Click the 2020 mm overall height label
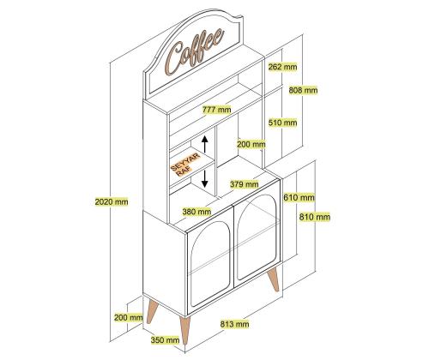(x=112, y=202)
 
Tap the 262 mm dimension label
(x=282, y=67)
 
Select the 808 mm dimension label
(x=303, y=90)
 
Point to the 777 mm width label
(x=216, y=110)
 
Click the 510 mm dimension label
(x=282, y=123)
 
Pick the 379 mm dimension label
(x=245, y=184)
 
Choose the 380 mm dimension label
(x=196, y=212)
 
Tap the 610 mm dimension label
(x=299, y=197)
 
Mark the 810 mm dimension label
(x=315, y=217)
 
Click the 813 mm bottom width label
(x=234, y=324)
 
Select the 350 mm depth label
(x=166, y=340)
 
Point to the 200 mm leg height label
(x=129, y=317)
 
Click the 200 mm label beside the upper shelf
(x=251, y=144)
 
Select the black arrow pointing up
(x=204, y=144)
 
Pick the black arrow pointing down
(x=204, y=178)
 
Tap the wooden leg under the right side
(x=274, y=279)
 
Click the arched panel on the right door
(x=257, y=237)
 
